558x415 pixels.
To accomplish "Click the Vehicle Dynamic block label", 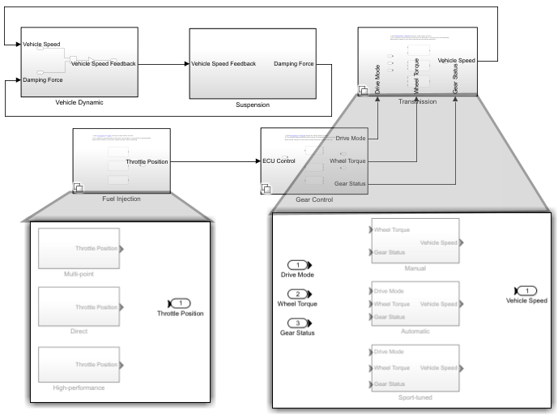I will [79, 103].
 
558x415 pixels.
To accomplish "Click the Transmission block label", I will [417, 102].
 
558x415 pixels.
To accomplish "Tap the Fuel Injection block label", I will [121, 199].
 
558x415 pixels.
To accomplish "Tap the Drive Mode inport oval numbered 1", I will [300, 265].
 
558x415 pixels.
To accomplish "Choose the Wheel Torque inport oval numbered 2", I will [300, 294].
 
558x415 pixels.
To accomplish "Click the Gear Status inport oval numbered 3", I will [300, 323].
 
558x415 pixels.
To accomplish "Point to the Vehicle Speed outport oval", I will [526, 290].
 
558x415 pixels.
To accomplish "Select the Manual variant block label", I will [415, 268].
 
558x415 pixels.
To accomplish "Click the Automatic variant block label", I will [415, 332].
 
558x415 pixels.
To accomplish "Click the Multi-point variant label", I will [79, 275].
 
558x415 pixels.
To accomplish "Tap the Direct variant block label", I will [79, 332].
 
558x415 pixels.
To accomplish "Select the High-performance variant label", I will [79, 388].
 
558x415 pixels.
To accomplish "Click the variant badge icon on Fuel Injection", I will [78, 188].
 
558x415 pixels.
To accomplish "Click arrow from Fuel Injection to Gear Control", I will [215, 161].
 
